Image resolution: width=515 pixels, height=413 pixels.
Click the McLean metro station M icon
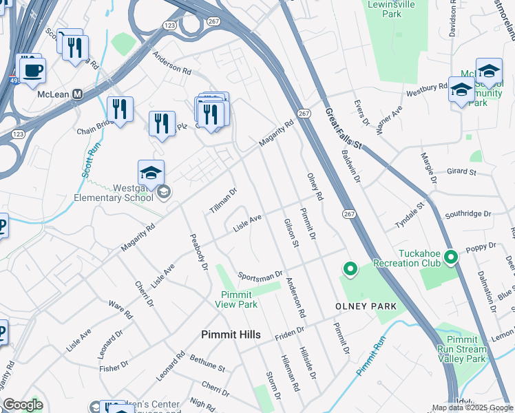click(78, 94)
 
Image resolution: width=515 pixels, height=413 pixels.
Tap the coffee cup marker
click(32, 69)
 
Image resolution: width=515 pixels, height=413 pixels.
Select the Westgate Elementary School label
click(114, 192)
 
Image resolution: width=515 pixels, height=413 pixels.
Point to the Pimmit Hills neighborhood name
click(231, 335)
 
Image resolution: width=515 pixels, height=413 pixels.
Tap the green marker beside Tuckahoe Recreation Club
click(451, 257)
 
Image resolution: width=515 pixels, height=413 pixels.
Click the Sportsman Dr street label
click(260, 275)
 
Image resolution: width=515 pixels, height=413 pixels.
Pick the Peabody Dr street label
click(199, 252)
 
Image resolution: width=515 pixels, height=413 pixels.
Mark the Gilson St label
click(291, 233)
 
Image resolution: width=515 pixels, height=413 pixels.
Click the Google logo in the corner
click(22, 405)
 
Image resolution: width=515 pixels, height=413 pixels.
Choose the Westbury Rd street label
click(427, 90)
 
